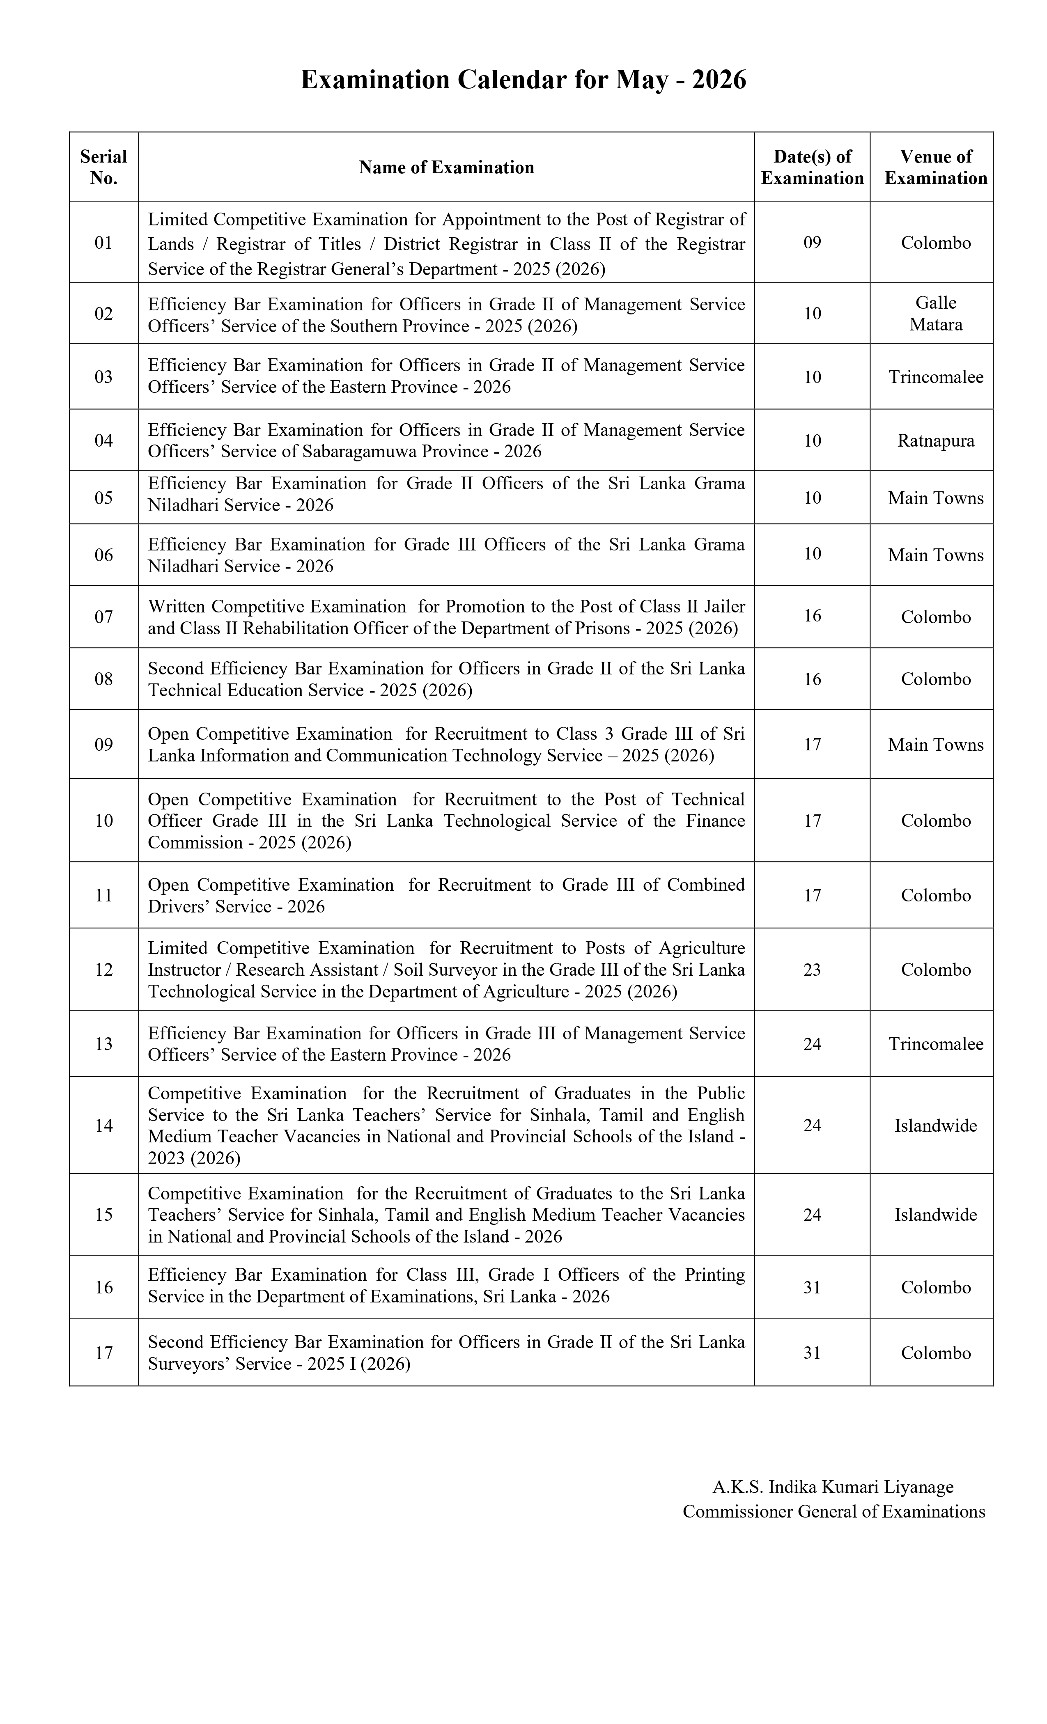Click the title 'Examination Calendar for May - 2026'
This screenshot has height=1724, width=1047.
(x=523, y=80)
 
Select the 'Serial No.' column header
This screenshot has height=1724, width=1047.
(x=103, y=167)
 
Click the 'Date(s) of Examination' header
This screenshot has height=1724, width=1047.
(x=812, y=167)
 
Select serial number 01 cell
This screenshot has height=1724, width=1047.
(x=103, y=243)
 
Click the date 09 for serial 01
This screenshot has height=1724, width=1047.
(x=812, y=243)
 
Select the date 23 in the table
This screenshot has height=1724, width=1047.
(x=812, y=970)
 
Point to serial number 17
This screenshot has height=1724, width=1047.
(x=103, y=1353)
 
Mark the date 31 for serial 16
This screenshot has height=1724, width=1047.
(x=812, y=1287)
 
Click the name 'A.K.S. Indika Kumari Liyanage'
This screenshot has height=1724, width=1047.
(x=832, y=1487)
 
